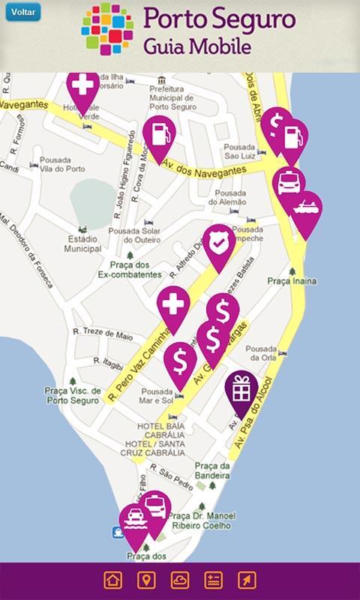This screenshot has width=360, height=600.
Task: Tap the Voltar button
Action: click(x=22, y=13)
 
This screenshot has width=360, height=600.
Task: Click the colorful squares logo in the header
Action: click(x=106, y=29)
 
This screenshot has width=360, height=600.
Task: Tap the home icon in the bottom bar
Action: click(x=112, y=580)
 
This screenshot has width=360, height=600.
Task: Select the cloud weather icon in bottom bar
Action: click(x=180, y=580)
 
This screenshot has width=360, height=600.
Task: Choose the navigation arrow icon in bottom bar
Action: click(x=247, y=580)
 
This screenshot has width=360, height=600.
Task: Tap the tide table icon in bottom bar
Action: click(x=214, y=580)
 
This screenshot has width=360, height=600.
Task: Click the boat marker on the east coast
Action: click(x=306, y=209)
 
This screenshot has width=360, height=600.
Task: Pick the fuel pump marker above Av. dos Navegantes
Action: click(x=159, y=135)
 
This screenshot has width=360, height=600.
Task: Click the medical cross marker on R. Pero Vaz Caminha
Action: click(x=173, y=305)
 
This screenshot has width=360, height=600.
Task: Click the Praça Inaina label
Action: click(x=292, y=280)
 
